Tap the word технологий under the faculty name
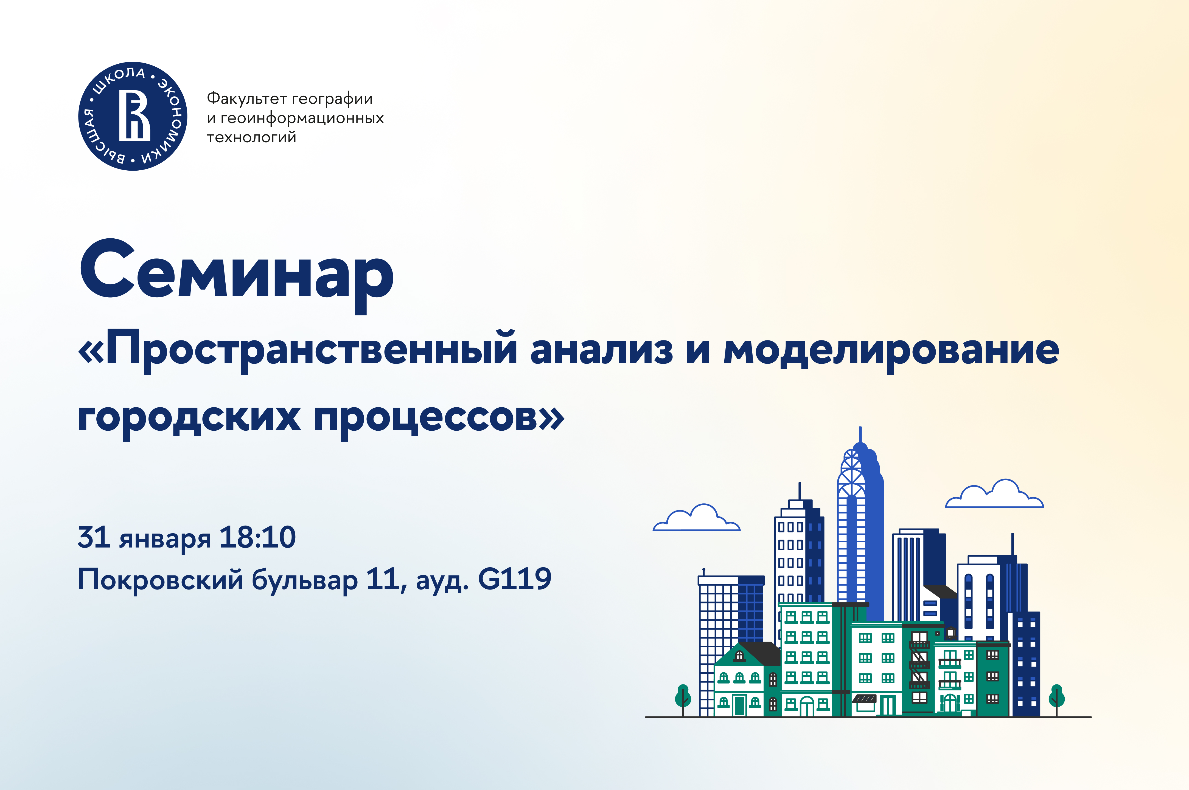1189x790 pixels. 251,137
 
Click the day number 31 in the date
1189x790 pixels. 94,538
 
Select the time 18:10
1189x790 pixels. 257,538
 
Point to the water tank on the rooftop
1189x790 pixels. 950,633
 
